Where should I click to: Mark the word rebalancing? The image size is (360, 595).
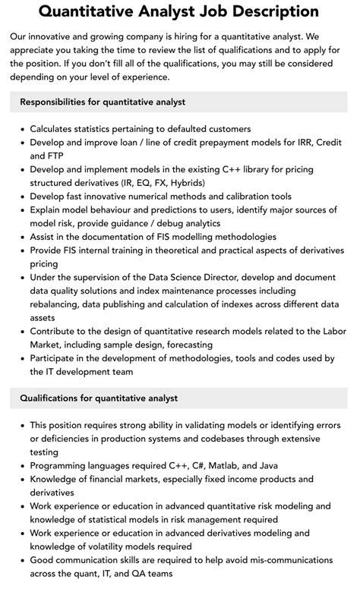(x=59, y=305)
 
